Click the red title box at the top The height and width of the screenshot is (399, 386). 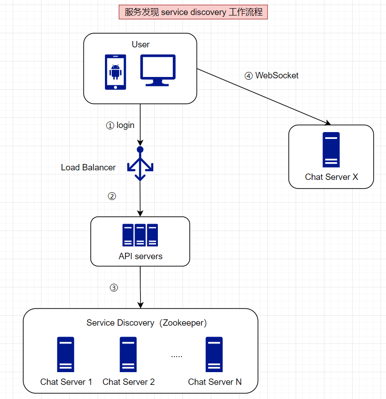pos(193,12)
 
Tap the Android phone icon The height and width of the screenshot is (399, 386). pos(115,72)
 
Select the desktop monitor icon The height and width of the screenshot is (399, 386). pos(157,70)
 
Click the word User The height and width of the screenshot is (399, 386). pos(141,44)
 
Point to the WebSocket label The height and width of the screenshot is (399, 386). pos(271,76)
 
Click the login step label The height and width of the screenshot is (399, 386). pos(120,125)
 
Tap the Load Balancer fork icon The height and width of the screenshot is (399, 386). pos(140,164)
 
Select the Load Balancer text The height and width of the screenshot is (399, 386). pos(89,168)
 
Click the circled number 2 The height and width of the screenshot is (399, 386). pos(112,196)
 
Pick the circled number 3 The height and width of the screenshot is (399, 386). pos(114,287)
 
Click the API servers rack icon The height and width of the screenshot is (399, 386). pos(140,235)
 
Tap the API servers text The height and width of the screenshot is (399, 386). pos(141,256)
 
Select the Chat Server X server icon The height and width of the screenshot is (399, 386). pos(331,149)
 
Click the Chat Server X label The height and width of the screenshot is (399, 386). pos(332,177)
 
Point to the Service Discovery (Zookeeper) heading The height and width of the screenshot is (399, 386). pos(146,323)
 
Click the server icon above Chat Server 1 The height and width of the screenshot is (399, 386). pos(66,354)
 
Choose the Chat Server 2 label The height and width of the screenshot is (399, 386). pos(129,382)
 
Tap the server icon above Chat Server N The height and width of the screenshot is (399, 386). pos(214,354)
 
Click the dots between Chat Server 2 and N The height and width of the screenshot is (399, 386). pos(177,356)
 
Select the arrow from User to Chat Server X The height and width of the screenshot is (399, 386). pos(264,97)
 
